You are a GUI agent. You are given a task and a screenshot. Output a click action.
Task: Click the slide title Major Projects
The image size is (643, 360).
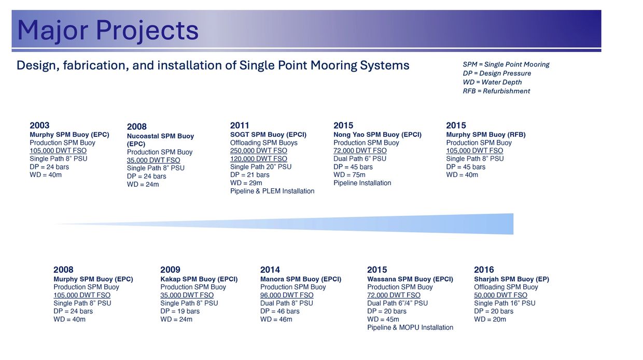click(x=108, y=31)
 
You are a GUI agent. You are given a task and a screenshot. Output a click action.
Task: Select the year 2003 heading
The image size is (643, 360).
click(x=39, y=126)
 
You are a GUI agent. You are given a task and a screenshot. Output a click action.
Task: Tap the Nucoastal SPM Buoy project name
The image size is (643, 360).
click(x=160, y=140)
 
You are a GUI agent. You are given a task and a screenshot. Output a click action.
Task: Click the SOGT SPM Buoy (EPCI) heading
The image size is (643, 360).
click(x=268, y=135)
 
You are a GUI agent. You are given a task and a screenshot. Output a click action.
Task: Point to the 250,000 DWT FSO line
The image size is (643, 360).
click(x=258, y=151)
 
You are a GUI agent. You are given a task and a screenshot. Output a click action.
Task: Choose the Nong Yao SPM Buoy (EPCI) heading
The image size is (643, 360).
click(x=377, y=135)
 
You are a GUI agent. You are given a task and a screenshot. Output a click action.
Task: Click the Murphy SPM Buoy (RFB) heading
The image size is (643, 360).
click(x=486, y=135)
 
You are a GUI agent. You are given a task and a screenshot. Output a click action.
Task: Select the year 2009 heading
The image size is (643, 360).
click(x=170, y=270)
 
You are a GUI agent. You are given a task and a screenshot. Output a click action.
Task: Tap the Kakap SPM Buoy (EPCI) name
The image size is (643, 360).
click(x=199, y=279)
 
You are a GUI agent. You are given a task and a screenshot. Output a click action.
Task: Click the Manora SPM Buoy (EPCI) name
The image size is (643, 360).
click(x=301, y=279)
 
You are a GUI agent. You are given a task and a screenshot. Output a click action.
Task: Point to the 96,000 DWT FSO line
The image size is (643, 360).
click(x=287, y=295)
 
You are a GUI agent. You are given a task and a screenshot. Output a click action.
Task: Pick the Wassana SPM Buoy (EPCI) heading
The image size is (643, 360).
click(x=410, y=279)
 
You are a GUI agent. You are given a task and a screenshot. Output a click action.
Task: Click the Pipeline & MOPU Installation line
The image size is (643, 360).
click(x=410, y=327)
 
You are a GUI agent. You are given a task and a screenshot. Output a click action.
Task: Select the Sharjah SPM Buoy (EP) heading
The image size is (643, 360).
click(x=511, y=279)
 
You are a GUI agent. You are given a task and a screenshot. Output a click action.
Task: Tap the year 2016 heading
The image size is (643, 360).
click(x=484, y=270)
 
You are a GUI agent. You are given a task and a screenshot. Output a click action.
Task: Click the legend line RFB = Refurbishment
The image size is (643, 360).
click(x=496, y=91)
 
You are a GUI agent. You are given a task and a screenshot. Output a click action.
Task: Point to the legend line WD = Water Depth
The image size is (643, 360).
click(x=492, y=82)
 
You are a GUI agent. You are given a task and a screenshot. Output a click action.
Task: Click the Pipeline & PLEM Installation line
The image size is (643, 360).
click(x=272, y=191)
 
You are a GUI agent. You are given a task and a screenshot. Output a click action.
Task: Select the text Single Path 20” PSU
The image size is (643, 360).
click(x=261, y=167)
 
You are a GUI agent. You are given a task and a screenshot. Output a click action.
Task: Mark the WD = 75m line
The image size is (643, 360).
click(x=350, y=175)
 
